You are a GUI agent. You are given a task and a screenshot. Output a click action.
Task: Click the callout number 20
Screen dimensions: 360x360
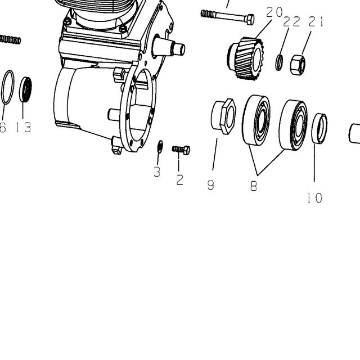(x=274, y=12)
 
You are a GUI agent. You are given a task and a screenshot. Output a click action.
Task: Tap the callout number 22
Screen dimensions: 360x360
(x=291, y=22)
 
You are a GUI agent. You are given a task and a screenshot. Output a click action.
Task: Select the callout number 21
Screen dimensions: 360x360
(x=316, y=22)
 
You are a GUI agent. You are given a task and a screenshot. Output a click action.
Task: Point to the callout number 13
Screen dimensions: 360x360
(x=24, y=127)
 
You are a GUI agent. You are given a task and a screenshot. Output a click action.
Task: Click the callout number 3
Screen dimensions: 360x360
(x=157, y=172)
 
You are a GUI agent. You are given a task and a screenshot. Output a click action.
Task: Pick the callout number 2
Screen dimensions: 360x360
(x=180, y=179)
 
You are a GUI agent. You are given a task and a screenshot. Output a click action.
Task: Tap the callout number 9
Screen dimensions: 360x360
(x=211, y=185)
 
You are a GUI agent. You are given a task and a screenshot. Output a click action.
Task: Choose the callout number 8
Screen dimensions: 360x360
(x=254, y=186)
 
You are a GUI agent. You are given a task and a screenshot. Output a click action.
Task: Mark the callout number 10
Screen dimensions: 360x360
(x=315, y=197)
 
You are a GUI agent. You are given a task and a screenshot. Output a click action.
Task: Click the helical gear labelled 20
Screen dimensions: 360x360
(x=246, y=58)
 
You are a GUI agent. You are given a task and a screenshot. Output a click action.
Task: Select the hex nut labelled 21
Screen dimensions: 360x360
(x=298, y=65)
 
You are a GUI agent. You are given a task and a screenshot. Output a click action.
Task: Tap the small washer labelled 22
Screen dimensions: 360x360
(x=279, y=62)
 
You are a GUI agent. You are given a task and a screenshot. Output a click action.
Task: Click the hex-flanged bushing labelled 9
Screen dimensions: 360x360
(x=223, y=116)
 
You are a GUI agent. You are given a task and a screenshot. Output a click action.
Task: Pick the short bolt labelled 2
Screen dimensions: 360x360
(x=181, y=150)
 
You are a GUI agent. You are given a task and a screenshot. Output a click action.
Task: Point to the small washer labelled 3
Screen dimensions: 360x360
(x=160, y=146)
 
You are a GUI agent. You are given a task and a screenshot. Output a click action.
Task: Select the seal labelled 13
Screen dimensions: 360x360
(x=25, y=89)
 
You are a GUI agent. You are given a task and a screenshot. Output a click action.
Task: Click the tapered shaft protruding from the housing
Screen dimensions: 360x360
(x=169, y=47)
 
